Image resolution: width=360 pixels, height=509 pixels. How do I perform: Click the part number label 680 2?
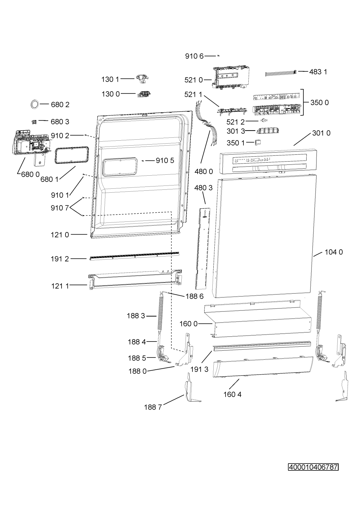coord(60,105)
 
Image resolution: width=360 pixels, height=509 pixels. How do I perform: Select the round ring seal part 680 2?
coord(35,104)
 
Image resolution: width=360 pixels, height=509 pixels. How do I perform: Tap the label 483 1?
coord(318,72)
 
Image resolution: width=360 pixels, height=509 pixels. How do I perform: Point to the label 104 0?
coord(334,252)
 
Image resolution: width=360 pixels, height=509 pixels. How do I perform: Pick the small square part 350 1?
coord(258,142)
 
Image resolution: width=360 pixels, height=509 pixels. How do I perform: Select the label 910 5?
coord(165,161)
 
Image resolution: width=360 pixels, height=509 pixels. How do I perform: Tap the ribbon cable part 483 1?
coord(281,74)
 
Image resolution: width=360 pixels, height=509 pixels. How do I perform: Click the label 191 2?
coord(60,259)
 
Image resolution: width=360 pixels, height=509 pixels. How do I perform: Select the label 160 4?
coord(232,394)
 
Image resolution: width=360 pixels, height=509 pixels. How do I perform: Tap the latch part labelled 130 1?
coord(142,79)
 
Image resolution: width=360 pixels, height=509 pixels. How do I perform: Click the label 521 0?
coord(193,80)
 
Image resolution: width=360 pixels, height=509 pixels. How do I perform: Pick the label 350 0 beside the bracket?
coord(319,102)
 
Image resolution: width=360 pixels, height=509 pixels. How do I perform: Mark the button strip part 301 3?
coord(267,131)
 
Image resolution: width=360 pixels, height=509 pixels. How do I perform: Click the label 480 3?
coord(204,188)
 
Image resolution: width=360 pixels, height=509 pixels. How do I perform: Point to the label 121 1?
coord(60,286)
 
